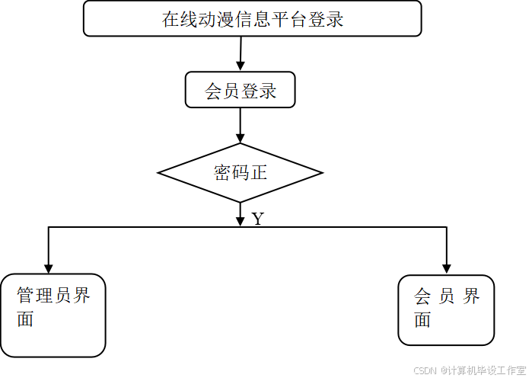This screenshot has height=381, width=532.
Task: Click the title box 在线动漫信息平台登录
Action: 252,18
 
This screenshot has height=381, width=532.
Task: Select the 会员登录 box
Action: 240,91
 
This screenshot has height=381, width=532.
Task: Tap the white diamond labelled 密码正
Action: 240,173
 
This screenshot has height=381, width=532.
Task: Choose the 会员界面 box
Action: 446,310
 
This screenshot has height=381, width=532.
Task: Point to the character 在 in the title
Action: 170,19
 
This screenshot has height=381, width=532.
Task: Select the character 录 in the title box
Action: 336,19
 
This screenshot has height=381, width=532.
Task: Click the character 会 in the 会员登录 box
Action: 213,91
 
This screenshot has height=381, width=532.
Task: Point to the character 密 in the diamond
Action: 222,173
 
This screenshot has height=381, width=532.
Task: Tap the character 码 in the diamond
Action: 241,173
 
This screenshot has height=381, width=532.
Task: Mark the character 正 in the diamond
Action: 259,173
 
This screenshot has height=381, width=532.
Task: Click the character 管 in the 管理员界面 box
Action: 26,296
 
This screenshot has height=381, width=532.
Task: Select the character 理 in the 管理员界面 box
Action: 44,296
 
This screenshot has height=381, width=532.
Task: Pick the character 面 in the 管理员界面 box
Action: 26,320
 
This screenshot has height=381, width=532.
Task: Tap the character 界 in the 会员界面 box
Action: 472,296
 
